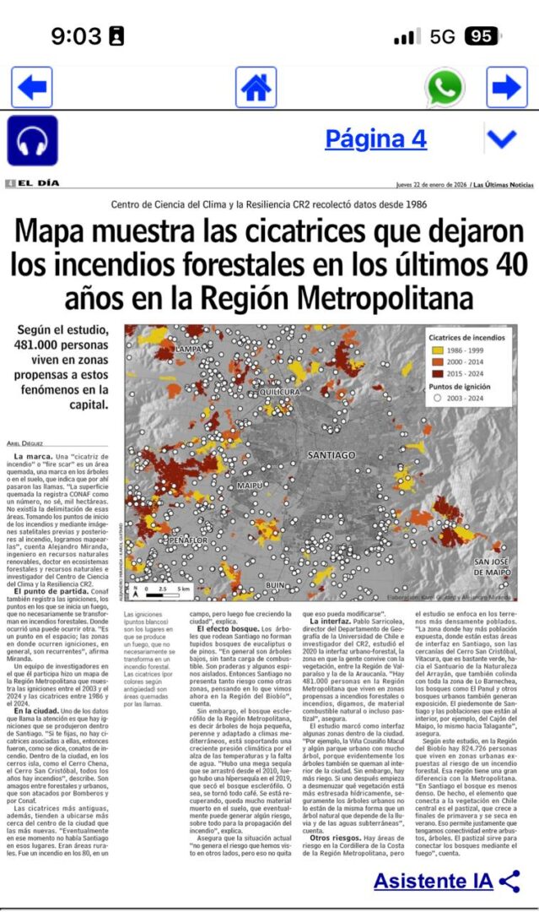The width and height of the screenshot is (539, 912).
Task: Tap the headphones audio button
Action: (x=32, y=140)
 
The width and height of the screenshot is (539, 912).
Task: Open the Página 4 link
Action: (x=375, y=138)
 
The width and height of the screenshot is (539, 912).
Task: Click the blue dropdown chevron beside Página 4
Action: (x=502, y=138)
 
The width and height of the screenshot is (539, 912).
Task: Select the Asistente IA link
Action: (x=433, y=882)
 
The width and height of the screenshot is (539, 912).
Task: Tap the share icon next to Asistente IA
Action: (x=509, y=882)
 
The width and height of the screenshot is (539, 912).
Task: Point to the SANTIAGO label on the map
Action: (x=331, y=455)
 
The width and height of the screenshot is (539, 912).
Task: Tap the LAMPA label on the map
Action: (x=188, y=348)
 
